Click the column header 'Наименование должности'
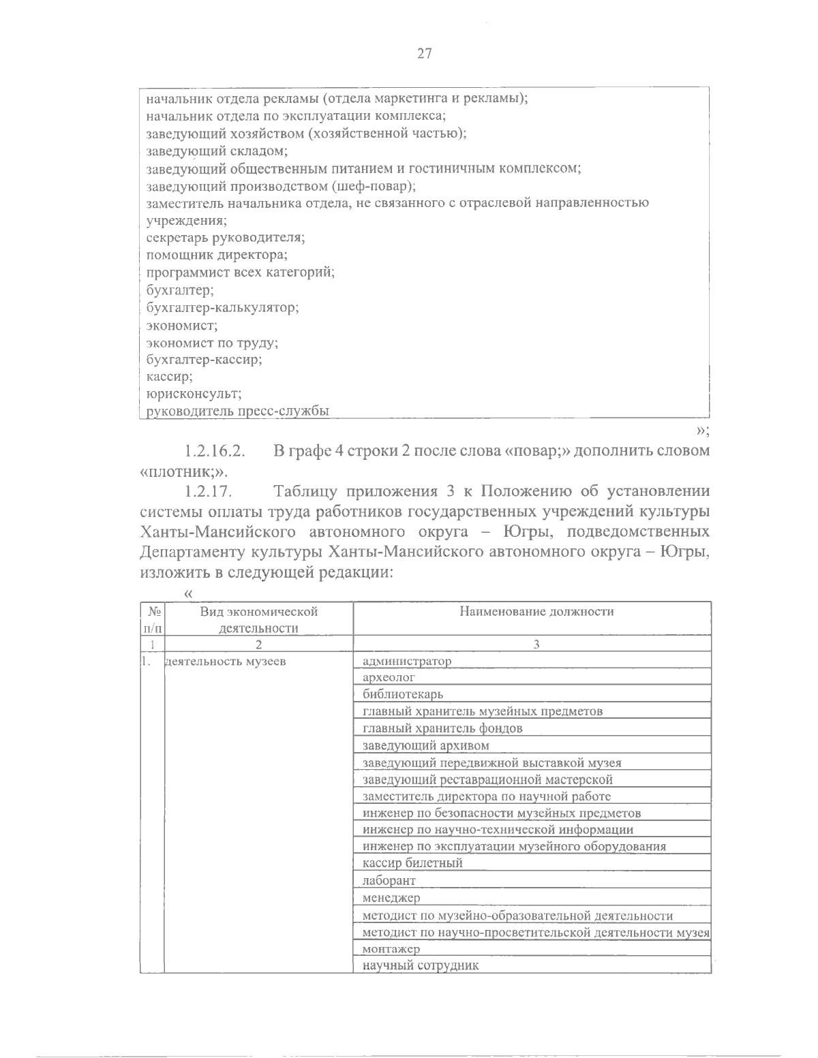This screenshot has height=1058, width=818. click(536, 611)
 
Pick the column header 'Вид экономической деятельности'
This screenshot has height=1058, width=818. click(258, 619)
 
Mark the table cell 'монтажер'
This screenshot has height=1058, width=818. click(391, 949)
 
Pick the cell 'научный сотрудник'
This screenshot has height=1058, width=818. click(421, 966)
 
